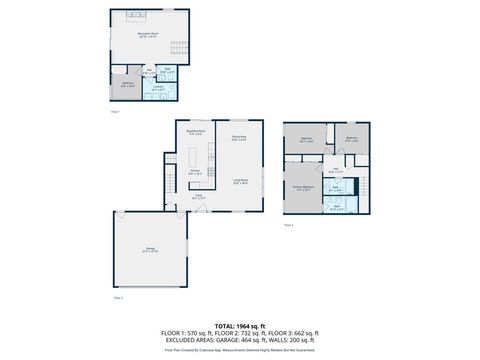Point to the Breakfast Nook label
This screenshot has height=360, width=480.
pyautogui.click(x=196, y=132)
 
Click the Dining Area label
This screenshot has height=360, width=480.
pyautogui.click(x=239, y=138)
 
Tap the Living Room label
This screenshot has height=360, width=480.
pyautogui.click(x=241, y=181)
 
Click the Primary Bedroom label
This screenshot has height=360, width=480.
pyautogui.click(x=304, y=187)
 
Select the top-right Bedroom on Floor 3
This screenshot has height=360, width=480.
pyautogui.click(x=352, y=140)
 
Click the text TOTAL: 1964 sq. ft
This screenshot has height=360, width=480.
pyautogui.click(x=240, y=325)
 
